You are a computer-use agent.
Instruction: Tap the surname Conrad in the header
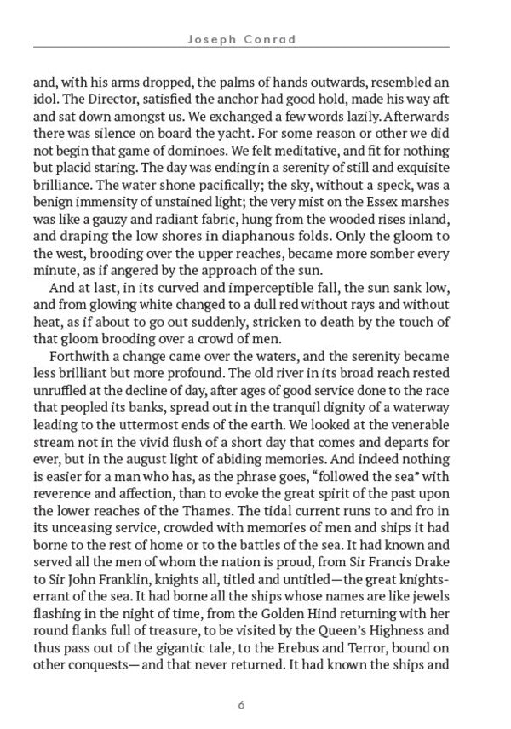tap(281, 38)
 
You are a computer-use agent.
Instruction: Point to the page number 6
tap(243, 704)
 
